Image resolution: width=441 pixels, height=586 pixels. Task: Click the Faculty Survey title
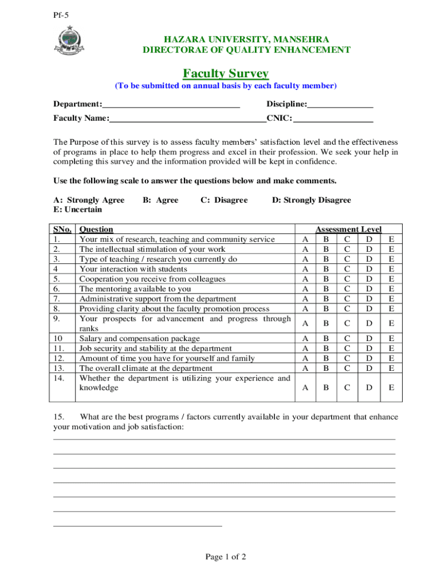pos(226,73)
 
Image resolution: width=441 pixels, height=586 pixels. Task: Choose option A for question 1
pos(305,239)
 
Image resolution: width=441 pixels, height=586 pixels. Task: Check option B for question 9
pos(326,323)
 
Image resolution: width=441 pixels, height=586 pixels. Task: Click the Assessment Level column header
pos(348,229)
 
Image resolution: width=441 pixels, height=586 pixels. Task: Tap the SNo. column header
pos(62,229)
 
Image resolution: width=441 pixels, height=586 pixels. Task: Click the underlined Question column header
pos(96,229)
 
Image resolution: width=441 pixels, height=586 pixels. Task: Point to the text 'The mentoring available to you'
pos(135,289)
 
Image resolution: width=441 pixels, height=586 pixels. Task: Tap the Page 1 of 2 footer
pos(225,557)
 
